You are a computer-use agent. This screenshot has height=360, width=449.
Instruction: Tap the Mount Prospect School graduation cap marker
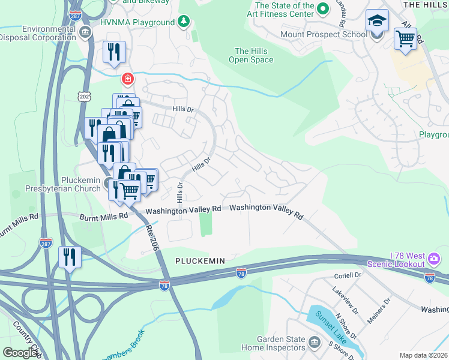click(x=377, y=22)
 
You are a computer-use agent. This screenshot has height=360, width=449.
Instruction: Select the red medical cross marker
click(x=127, y=79)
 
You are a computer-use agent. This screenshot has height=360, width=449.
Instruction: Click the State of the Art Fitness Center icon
click(x=323, y=8)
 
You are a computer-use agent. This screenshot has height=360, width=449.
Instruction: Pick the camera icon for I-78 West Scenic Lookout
click(x=434, y=259)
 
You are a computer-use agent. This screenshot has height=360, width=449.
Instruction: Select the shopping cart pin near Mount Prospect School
click(x=406, y=40)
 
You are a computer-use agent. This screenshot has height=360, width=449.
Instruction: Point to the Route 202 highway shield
click(x=83, y=96)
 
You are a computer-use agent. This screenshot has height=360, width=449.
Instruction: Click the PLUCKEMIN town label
click(x=200, y=261)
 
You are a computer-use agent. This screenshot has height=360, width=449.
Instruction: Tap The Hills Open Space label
click(x=251, y=55)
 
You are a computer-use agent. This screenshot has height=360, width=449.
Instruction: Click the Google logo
click(x=20, y=353)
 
